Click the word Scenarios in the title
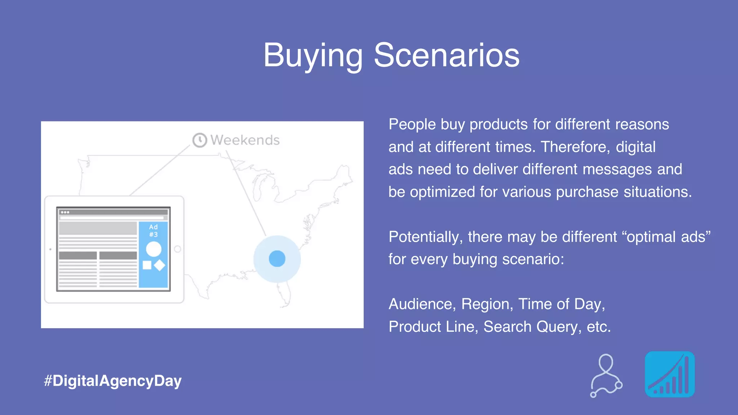tap(446, 55)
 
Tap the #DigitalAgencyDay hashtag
tap(112, 381)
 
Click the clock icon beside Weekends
tap(200, 140)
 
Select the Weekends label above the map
tap(245, 140)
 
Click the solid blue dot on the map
tap(277, 259)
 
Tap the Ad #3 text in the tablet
tap(154, 231)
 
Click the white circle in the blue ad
tap(154, 249)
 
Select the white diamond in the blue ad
tap(159, 265)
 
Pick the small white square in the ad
tap(147, 265)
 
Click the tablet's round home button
tap(177, 249)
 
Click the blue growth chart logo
tap(670, 374)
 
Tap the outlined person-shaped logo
tap(606, 375)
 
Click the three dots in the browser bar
tap(65, 212)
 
